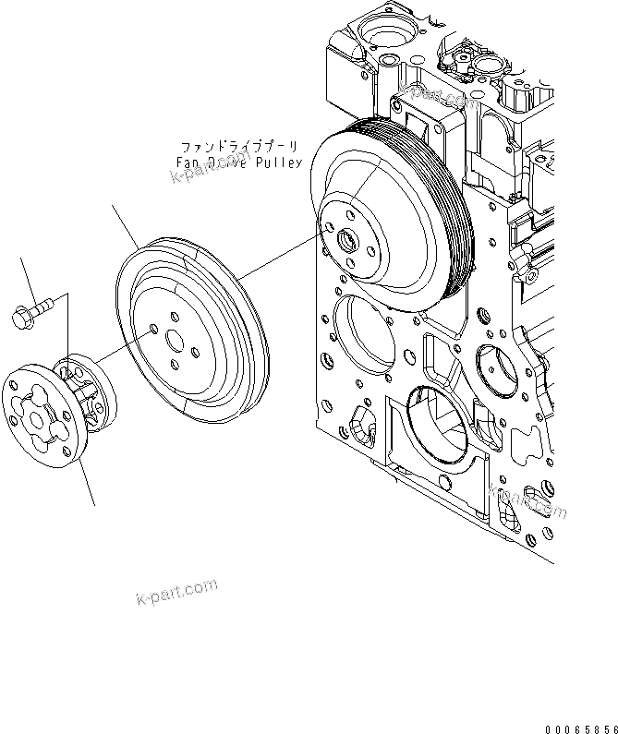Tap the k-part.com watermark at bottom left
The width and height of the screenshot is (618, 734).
coord(176,592)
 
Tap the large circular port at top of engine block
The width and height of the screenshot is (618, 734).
coord(380,35)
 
